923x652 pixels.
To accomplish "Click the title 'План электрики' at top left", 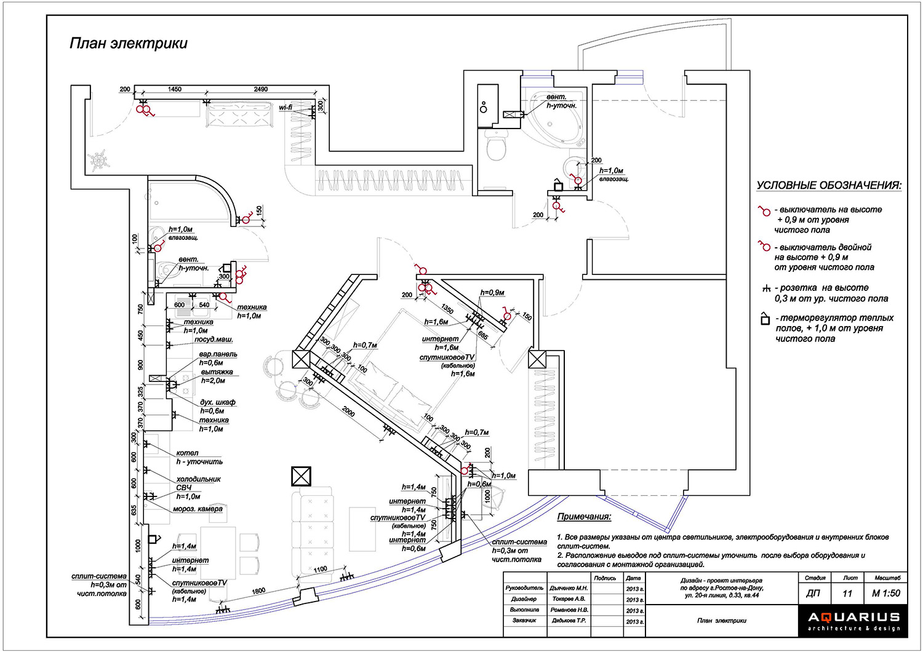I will (x=129, y=44).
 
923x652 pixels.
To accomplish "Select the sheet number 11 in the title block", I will (x=847, y=594).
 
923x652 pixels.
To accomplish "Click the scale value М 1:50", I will (x=885, y=594).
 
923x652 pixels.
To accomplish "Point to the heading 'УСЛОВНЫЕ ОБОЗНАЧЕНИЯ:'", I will (x=829, y=186).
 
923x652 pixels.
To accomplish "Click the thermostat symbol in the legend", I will (x=765, y=319).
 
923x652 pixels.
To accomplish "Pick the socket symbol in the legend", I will (x=765, y=288).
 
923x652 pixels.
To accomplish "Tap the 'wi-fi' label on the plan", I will (x=286, y=108).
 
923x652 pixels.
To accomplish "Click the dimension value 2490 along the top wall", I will (x=261, y=89).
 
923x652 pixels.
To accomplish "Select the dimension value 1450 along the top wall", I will (x=175, y=89).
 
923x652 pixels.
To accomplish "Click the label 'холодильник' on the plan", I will (x=198, y=479).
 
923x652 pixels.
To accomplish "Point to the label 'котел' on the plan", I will (x=187, y=453).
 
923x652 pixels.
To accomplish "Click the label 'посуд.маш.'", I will (x=214, y=340).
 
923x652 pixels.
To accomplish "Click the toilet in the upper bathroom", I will (x=495, y=146).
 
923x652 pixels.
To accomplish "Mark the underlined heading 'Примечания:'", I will (x=584, y=517).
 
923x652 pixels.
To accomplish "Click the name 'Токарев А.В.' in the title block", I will (x=569, y=599).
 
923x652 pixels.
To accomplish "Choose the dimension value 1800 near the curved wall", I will (x=258, y=591).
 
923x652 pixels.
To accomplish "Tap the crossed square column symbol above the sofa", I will (x=301, y=477).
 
